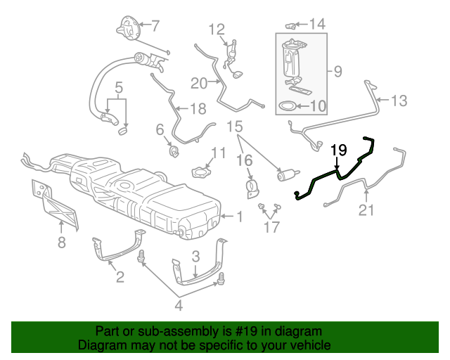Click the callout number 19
click(339, 150)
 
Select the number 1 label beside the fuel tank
click(239, 217)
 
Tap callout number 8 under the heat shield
click(62, 243)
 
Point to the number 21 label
click(366, 210)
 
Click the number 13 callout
click(398, 101)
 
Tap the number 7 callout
click(155, 27)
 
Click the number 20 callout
click(199, 83)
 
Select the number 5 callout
click(119, 88)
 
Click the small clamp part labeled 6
click(172, 149)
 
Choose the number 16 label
click(244, 161)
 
